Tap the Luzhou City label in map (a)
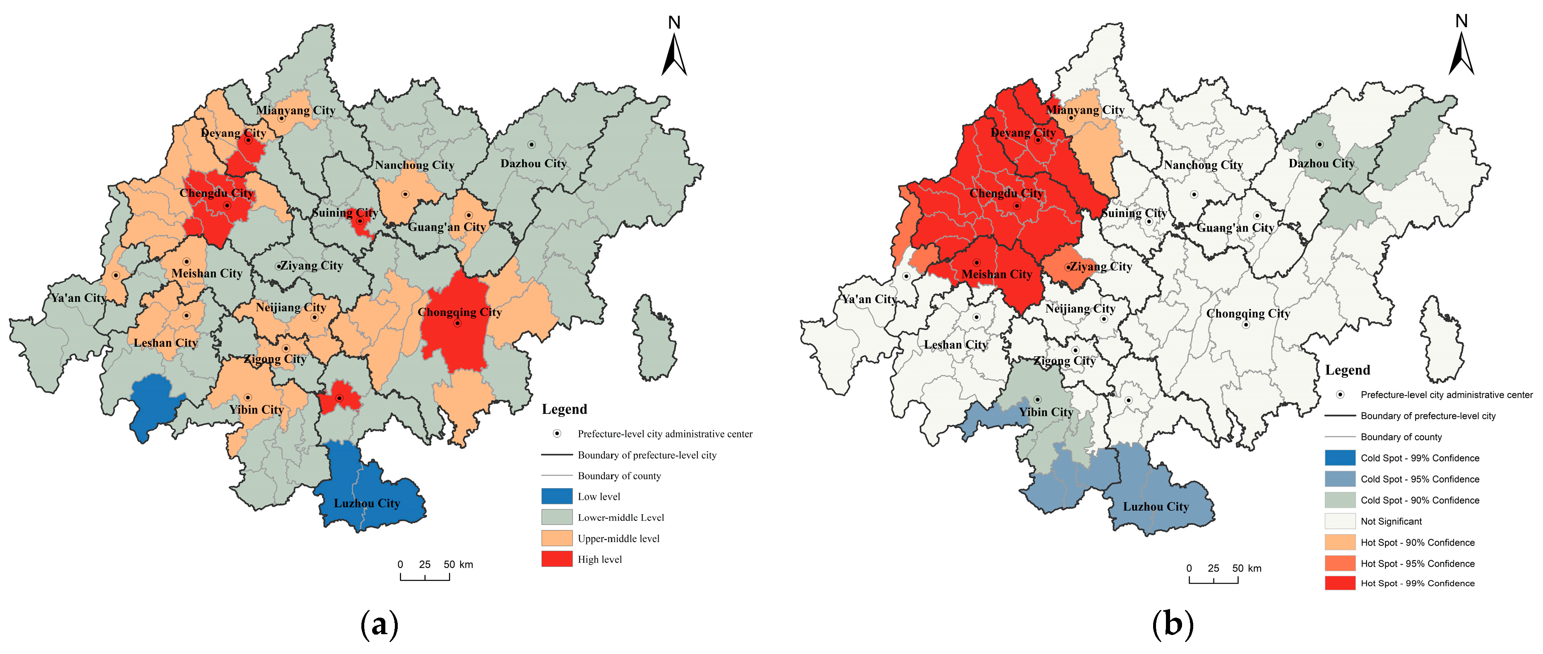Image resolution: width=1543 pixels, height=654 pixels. point(367,503)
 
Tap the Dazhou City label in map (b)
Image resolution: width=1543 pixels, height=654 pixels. point(1321,164)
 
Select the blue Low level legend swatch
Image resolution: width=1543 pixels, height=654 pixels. point(557,496)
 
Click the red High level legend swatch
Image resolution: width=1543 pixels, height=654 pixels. point(557,559)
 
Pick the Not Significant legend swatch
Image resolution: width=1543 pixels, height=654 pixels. point(1340,521)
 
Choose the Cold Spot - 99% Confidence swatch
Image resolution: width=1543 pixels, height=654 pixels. point(1340,458)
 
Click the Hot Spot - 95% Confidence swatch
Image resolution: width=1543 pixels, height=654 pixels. point(1340,563)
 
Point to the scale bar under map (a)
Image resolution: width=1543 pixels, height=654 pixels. point(425,575)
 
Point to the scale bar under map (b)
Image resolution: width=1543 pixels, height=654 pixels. point(1213,578)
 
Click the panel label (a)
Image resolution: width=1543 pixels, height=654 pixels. point(379,625)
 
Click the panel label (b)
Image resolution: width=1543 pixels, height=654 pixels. point(1172,625)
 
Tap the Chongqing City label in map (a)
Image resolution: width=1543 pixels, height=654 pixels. point(459,312)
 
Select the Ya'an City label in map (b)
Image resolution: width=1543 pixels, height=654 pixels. point(869,299)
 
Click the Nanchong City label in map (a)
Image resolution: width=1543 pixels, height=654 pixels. point(415,165)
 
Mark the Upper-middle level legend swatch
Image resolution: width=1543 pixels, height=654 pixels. point(557,538)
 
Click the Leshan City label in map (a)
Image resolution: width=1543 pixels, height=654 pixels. point(165,343)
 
